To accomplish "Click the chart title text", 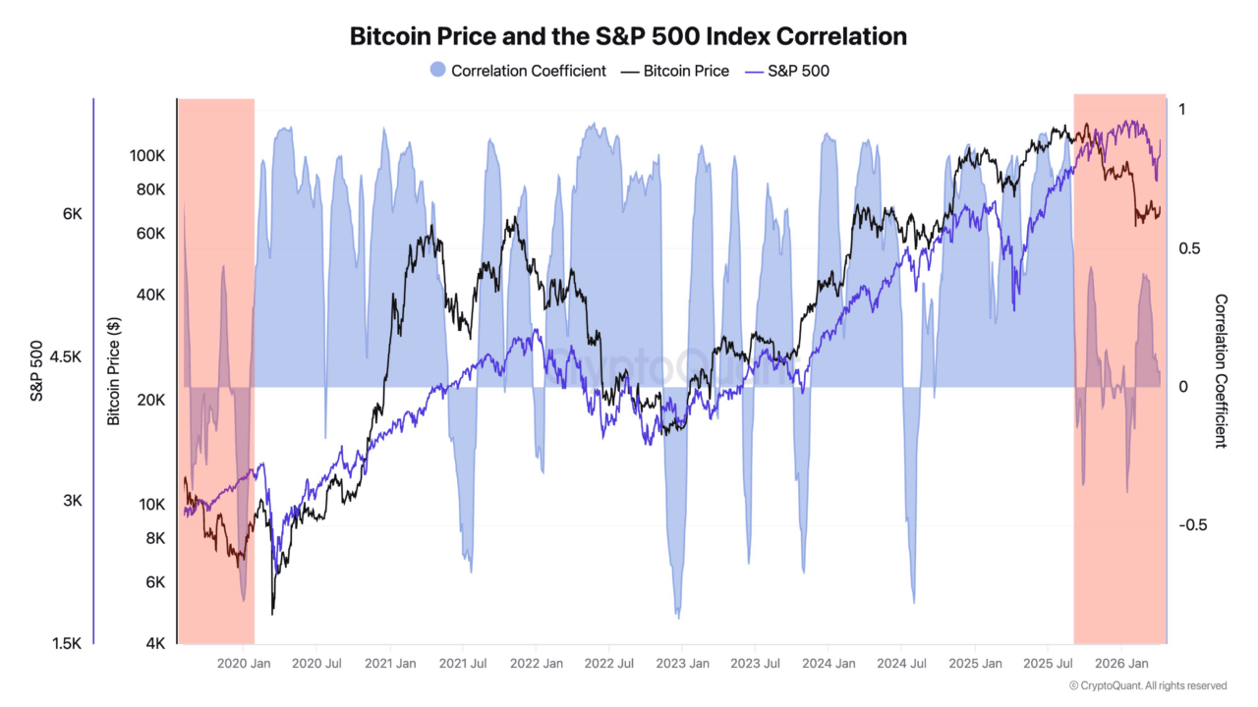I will click(628, 36).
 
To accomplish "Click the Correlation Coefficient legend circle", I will click(438, 71).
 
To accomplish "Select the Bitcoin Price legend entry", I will click(685, 71).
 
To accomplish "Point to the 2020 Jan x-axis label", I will click(243, 664).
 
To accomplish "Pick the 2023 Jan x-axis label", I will click(682, 664).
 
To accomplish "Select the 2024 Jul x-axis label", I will click(901, 664).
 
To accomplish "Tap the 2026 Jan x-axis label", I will click(1122, 664).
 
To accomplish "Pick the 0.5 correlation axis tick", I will click(1189, 248).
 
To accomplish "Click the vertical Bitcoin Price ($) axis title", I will click(114, 371).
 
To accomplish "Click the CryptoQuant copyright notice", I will click(1147, 685).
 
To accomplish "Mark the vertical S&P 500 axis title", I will click(36, 371).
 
